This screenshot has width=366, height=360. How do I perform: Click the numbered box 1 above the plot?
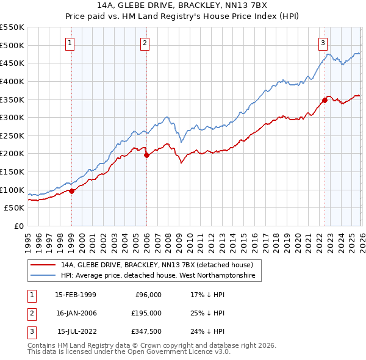[71, 43]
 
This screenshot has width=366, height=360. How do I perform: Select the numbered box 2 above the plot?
[145, 43]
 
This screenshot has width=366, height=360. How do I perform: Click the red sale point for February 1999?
[72, 191]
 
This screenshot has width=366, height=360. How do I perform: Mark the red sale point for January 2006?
[146, 156]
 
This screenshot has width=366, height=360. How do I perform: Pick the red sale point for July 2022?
[325, 100]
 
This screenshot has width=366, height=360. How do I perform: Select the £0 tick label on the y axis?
[19, 226]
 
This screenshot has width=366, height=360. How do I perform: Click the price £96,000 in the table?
[148, 295]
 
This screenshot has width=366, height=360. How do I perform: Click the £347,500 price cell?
[146, 331]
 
